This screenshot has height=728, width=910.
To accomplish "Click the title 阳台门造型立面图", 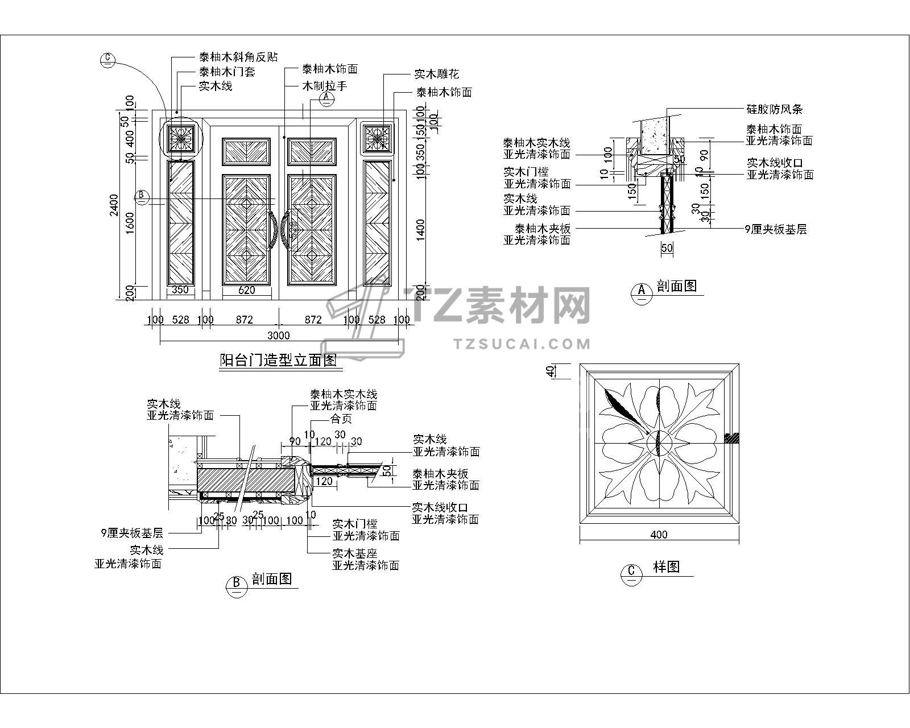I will (278, 360).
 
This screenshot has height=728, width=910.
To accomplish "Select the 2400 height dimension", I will (114, 205).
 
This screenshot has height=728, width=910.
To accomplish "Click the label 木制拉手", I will (324, 86).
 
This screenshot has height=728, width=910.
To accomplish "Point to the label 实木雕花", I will (436, 74).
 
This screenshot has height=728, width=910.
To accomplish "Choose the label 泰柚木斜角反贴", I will (238, 57).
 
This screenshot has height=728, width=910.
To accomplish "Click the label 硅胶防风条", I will (774, 109).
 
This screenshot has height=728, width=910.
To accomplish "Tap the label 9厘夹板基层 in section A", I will (776, 230).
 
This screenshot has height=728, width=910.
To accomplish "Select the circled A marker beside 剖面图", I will (642, 291).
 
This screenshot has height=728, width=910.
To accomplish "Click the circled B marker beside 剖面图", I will (236, 584).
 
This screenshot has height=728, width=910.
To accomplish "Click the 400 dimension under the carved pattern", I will (659, 535).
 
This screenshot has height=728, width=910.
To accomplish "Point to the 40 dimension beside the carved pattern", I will (550, 371).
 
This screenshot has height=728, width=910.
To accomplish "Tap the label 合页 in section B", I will (341, 419).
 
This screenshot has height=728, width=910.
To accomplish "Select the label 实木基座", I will (355, 553).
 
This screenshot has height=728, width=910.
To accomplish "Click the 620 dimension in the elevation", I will (246, 290).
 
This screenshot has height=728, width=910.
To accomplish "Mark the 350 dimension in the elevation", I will (180, 290).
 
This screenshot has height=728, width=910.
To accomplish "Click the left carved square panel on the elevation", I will (181, 138).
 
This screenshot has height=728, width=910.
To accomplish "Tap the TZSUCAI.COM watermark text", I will (522, 344).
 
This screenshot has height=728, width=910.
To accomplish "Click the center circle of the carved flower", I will (659, 442).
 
